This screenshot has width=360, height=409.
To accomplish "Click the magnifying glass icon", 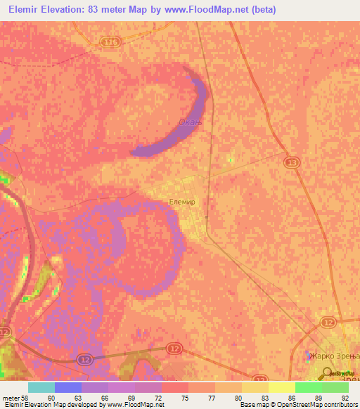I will [x=327, y=373].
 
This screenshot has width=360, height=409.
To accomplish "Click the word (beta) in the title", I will [x=262, y=9].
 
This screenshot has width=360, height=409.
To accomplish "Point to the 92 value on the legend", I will [x=345, y=398].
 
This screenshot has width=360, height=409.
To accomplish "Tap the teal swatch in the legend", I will [x=41, y=388].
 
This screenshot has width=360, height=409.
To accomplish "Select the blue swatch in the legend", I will [x=68, y=388].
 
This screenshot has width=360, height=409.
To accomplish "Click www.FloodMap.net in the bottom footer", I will [x=138, y=405].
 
